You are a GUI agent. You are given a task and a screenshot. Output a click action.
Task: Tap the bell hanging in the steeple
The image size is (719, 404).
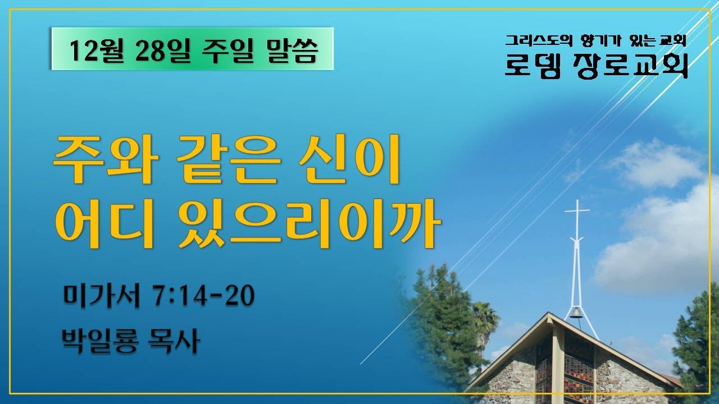pos(576,313)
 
